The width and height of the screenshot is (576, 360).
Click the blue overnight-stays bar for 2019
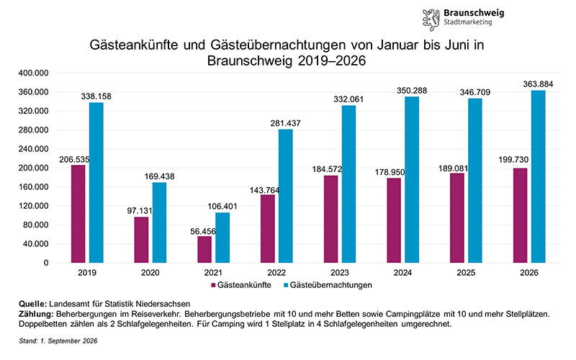[x=96, y=183]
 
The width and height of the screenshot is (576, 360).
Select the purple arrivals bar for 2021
[x=204, y=249]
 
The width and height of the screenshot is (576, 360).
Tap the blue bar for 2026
[x=538, y=176]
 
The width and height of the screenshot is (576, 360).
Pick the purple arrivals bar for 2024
[x=394, y=220]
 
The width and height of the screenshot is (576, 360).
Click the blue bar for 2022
[x=285, y=196]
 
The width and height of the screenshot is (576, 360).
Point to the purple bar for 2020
[x=141, y=240]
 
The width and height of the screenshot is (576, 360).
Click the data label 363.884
[x=538, y=84]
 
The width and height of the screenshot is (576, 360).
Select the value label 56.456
[x=203, y=231]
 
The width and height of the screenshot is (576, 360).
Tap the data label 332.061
[x=348, y=99]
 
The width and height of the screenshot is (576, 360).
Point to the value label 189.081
[x=454, y=168]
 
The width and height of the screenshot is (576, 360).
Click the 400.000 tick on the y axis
[x=33, y=73]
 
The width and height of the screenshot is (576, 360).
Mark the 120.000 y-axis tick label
[x=33, y=206]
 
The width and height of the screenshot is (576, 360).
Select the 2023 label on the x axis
[x=339, y=273]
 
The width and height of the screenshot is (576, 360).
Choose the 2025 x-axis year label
[x=466, y=273]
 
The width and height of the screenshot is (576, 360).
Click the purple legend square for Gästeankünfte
[x=213, y=285]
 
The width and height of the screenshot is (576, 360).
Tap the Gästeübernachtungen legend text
[x=330, y=285]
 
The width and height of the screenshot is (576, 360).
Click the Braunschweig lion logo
[x=431, y=19]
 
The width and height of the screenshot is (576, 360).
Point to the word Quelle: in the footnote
[x=32, y=304]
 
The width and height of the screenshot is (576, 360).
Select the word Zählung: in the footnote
[x=36, y=315]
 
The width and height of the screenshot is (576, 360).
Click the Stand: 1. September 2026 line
[x=58, y=341]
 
